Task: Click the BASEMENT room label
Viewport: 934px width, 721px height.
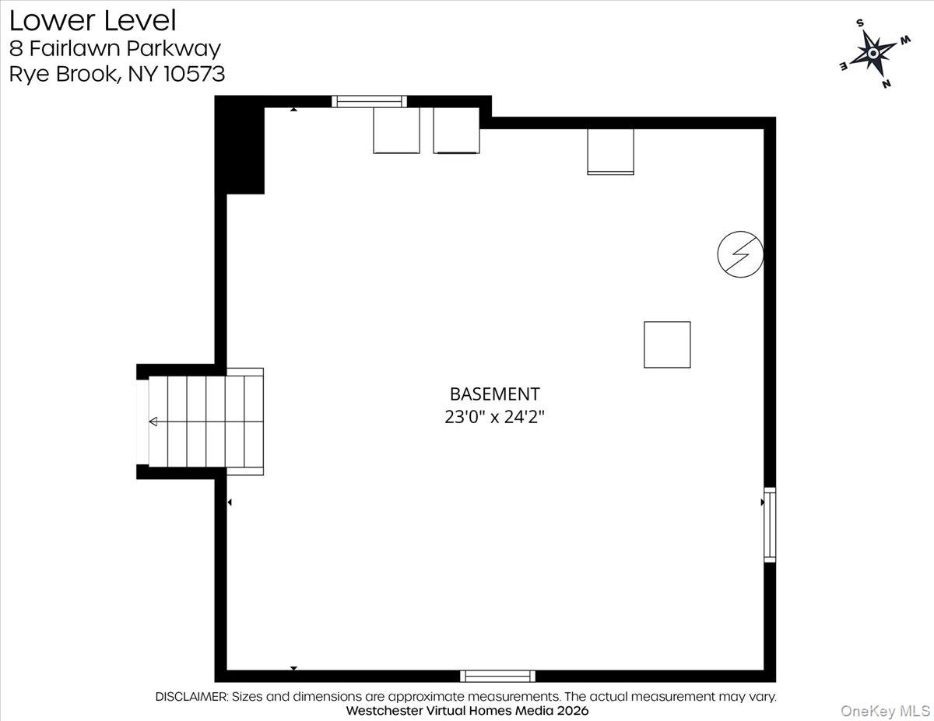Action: coord(494,394)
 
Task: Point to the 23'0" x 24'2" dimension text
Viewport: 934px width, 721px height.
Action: coord(494,417)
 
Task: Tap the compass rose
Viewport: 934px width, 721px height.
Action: coord(873,52)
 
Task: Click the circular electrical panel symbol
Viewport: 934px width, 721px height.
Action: coord(740,254)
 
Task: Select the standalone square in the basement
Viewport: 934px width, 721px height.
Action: coord(667,345)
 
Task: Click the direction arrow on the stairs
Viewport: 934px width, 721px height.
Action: coord(153,422)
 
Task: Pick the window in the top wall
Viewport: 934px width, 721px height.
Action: coord(369,101)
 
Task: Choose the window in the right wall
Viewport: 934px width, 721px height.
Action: coord(770,524)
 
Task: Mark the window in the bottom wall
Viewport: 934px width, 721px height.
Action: coord(497,676)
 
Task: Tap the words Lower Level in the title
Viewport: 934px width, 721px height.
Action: coord(93,20)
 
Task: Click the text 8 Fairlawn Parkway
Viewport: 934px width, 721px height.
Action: coord(115,48)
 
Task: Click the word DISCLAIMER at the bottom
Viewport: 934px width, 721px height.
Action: coord(191,697)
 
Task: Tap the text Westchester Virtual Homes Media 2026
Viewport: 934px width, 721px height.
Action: coord(467,711)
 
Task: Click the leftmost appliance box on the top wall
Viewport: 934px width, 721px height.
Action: coord(396,130)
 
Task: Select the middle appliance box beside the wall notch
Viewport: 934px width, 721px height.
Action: coord(456,130)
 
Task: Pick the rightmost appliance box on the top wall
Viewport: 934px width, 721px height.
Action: coord(610,151)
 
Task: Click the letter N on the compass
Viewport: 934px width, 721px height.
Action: coord(887,83)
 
